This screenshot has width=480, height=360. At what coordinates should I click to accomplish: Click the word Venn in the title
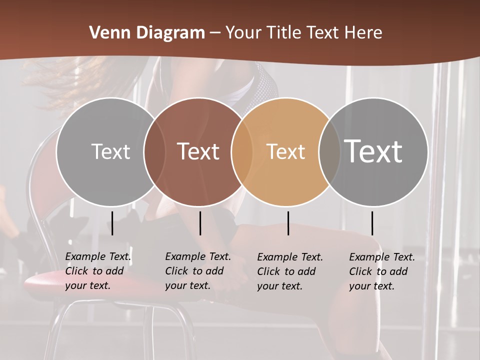107,33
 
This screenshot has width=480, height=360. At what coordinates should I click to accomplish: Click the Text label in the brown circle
198,151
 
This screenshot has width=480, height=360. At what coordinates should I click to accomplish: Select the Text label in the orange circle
285,151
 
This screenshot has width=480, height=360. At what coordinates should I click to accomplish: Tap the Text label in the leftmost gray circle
110,151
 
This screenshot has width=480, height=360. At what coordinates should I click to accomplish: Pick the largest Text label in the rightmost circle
373,151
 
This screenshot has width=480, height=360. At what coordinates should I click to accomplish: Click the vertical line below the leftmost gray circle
112,223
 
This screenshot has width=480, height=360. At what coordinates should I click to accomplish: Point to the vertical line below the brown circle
200,223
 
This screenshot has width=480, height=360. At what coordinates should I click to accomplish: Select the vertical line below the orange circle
288,223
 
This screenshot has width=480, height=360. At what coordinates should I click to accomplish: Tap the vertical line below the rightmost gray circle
372,223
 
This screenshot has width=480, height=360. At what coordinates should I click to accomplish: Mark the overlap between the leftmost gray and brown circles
154,151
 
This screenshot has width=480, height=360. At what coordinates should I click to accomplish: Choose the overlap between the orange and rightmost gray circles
328,151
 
